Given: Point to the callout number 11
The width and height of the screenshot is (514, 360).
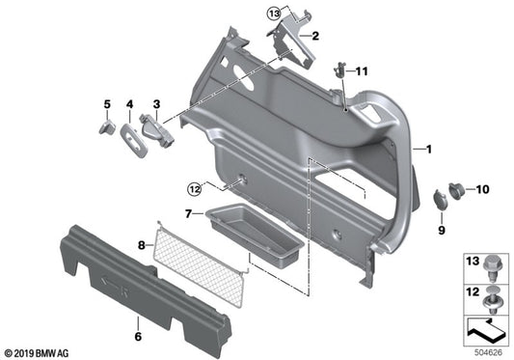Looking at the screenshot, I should [363, 71].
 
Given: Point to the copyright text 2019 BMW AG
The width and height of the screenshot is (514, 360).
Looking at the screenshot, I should [40, 352].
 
